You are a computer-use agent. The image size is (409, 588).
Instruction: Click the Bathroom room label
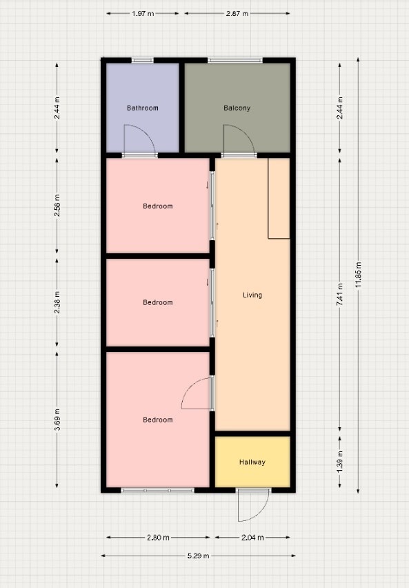[143, 108]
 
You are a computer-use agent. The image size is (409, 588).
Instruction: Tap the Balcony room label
[237, 108]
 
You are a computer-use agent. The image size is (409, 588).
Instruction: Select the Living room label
[252, 295]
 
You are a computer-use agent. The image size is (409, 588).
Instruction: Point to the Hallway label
[252, 462]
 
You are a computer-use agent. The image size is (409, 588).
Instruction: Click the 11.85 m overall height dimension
[359, 275]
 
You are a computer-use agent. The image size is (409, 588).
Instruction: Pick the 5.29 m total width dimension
[199, 556]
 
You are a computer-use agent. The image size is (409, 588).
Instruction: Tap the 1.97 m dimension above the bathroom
[143, 14]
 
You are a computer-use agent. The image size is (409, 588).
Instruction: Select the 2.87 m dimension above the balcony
[237, 14]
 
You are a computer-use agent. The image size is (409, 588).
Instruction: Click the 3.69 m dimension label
[57, 419]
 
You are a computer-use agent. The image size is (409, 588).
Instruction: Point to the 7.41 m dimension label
[340, 295]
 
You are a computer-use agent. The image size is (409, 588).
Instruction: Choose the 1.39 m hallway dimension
[340, 462]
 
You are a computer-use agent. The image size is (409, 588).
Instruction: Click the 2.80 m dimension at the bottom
[158, 538]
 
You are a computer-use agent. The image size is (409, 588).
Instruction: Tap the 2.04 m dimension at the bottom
[252, 538]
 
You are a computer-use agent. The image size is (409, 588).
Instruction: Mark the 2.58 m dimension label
[57, 206]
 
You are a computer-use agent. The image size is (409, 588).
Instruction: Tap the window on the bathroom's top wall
[143, 60]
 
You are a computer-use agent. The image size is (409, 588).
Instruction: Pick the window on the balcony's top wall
[235, 60]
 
